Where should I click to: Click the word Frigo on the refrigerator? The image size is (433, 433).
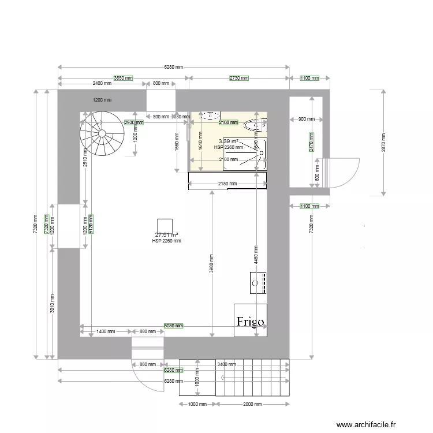tap(250, 322)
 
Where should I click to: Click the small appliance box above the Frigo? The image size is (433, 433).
tap(258, 282)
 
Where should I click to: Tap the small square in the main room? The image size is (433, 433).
tap(166, 225)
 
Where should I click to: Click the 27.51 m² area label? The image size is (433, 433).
tap(166, 235)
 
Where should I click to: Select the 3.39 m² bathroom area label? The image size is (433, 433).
tap(228, 141)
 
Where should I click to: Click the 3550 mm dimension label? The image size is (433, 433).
tap(122, 78)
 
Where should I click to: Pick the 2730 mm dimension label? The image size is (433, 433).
tap(238, 78)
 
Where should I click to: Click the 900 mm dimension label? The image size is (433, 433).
tap(306, 120)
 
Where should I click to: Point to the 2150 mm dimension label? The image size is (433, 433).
tap(227, 184)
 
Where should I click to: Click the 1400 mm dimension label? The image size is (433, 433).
tap(106, 332)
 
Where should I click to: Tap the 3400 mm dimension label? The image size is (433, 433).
tap(226, 364)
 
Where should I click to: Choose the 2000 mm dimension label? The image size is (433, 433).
tap(251, 405)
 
